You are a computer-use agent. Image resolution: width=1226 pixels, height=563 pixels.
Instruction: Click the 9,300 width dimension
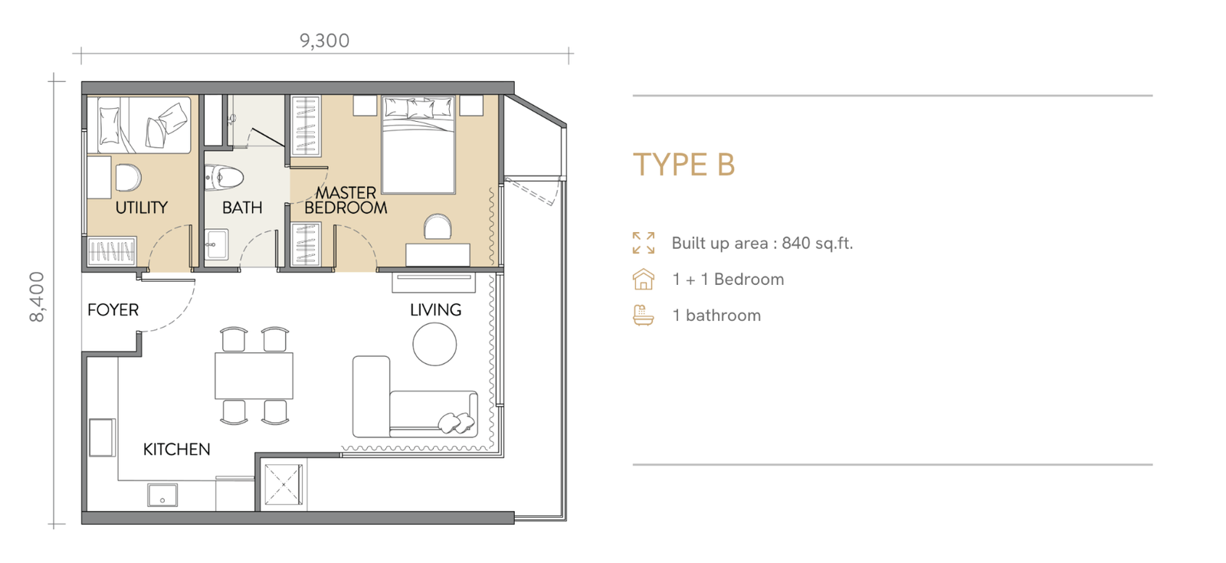click(x=325, y=41)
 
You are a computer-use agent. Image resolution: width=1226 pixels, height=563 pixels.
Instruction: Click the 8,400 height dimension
click(x=38, y=297)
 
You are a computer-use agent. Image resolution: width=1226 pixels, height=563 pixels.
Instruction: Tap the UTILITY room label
click(x=142, y=208)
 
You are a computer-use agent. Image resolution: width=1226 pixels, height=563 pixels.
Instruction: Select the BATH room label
click(x=242, y=208)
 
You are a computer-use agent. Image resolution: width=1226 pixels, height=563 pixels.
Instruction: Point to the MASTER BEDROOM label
click(x=346, y=200)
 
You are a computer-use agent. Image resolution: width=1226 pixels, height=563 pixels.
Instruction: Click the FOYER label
click(x=113, y=310)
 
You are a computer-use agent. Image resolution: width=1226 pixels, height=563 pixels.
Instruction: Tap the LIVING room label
click(x=436, y=310)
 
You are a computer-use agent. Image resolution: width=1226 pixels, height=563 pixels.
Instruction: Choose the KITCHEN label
click(x=177, y=450)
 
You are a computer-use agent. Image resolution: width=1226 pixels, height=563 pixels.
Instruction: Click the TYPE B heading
click(x=684, y=165)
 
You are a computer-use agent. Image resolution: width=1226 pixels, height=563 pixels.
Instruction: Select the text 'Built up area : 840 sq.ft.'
click(x=762, y=244)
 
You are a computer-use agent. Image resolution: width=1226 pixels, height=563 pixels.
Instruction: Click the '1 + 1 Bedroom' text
click(x=728, y=280)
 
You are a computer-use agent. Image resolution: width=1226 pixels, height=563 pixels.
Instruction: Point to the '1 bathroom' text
click(x=716, y=316)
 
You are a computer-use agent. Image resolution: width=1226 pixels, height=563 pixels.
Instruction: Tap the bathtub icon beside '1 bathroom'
click(x=644, y=316)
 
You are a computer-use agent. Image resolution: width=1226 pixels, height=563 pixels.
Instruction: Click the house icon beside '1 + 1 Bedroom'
click(x=644, y=279)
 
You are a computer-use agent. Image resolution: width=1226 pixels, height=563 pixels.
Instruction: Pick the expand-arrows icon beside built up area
click(x=644, y=243)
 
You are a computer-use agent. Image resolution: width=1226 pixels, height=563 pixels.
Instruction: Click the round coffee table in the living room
click(x=434, y=344)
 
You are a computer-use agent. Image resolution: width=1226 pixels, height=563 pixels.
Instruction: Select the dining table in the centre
click(x=254, y=376)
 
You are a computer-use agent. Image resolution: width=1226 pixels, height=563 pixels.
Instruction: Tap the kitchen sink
click(x=162, y=495)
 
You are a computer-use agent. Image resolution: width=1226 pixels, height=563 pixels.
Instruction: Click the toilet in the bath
click(x=225, y=177)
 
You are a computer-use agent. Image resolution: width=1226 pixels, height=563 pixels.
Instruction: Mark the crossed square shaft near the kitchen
click(x=283, y=485)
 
